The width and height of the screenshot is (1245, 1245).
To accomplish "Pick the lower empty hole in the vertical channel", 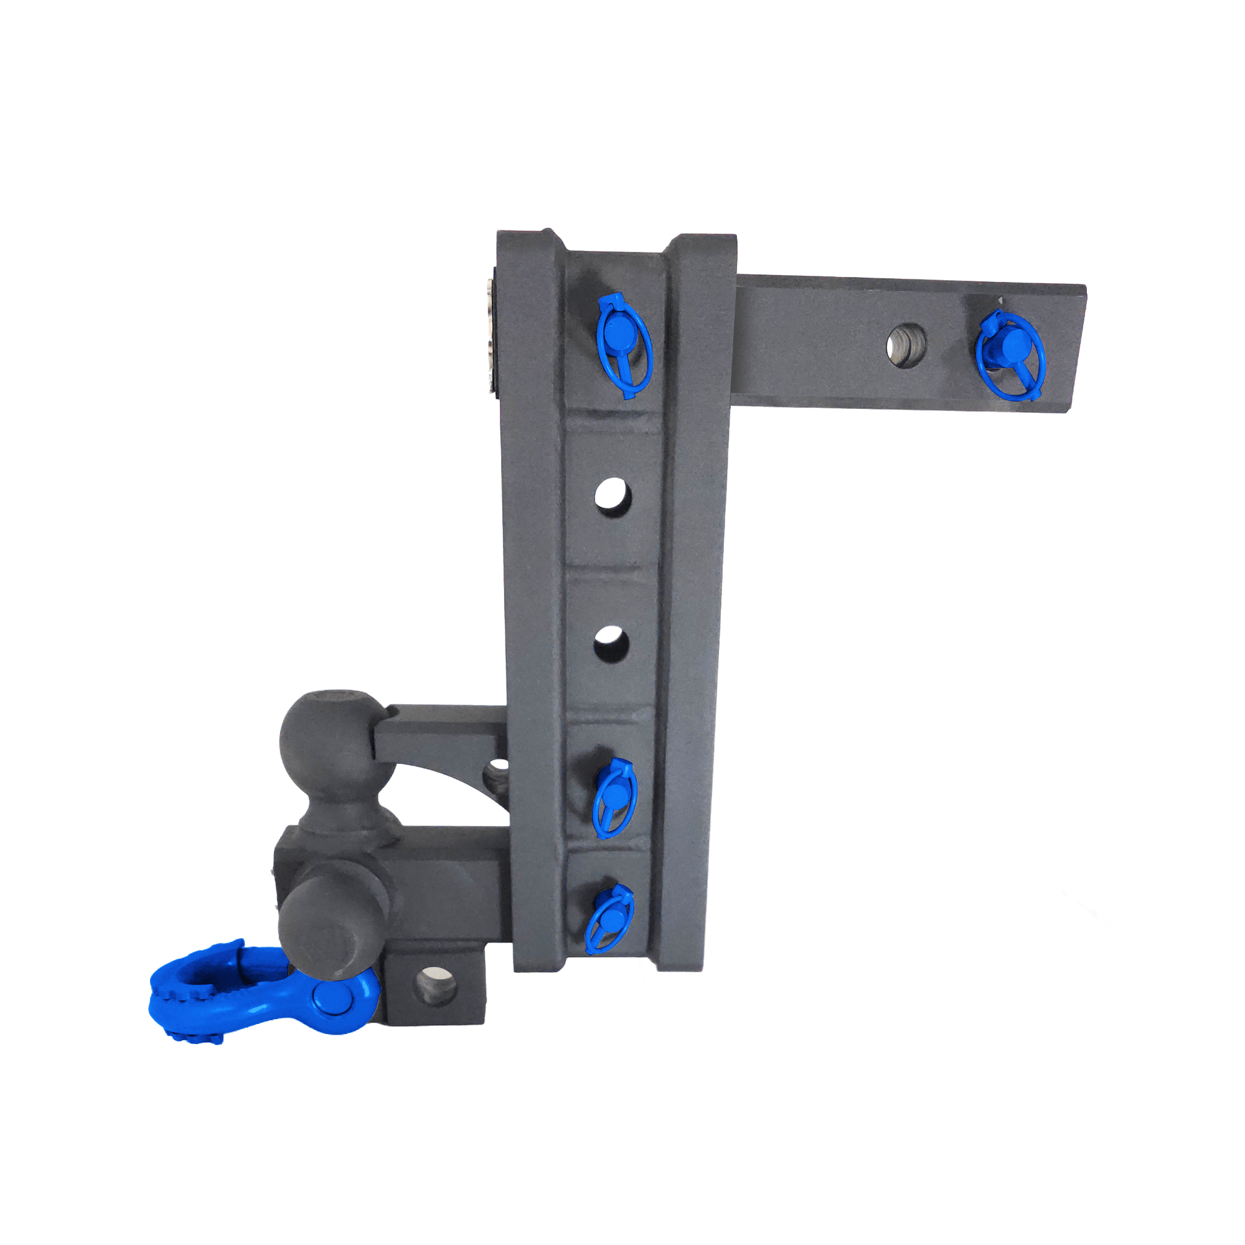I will tap(611, 643).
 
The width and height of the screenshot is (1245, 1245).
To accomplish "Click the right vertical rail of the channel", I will tap(696, 580).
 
